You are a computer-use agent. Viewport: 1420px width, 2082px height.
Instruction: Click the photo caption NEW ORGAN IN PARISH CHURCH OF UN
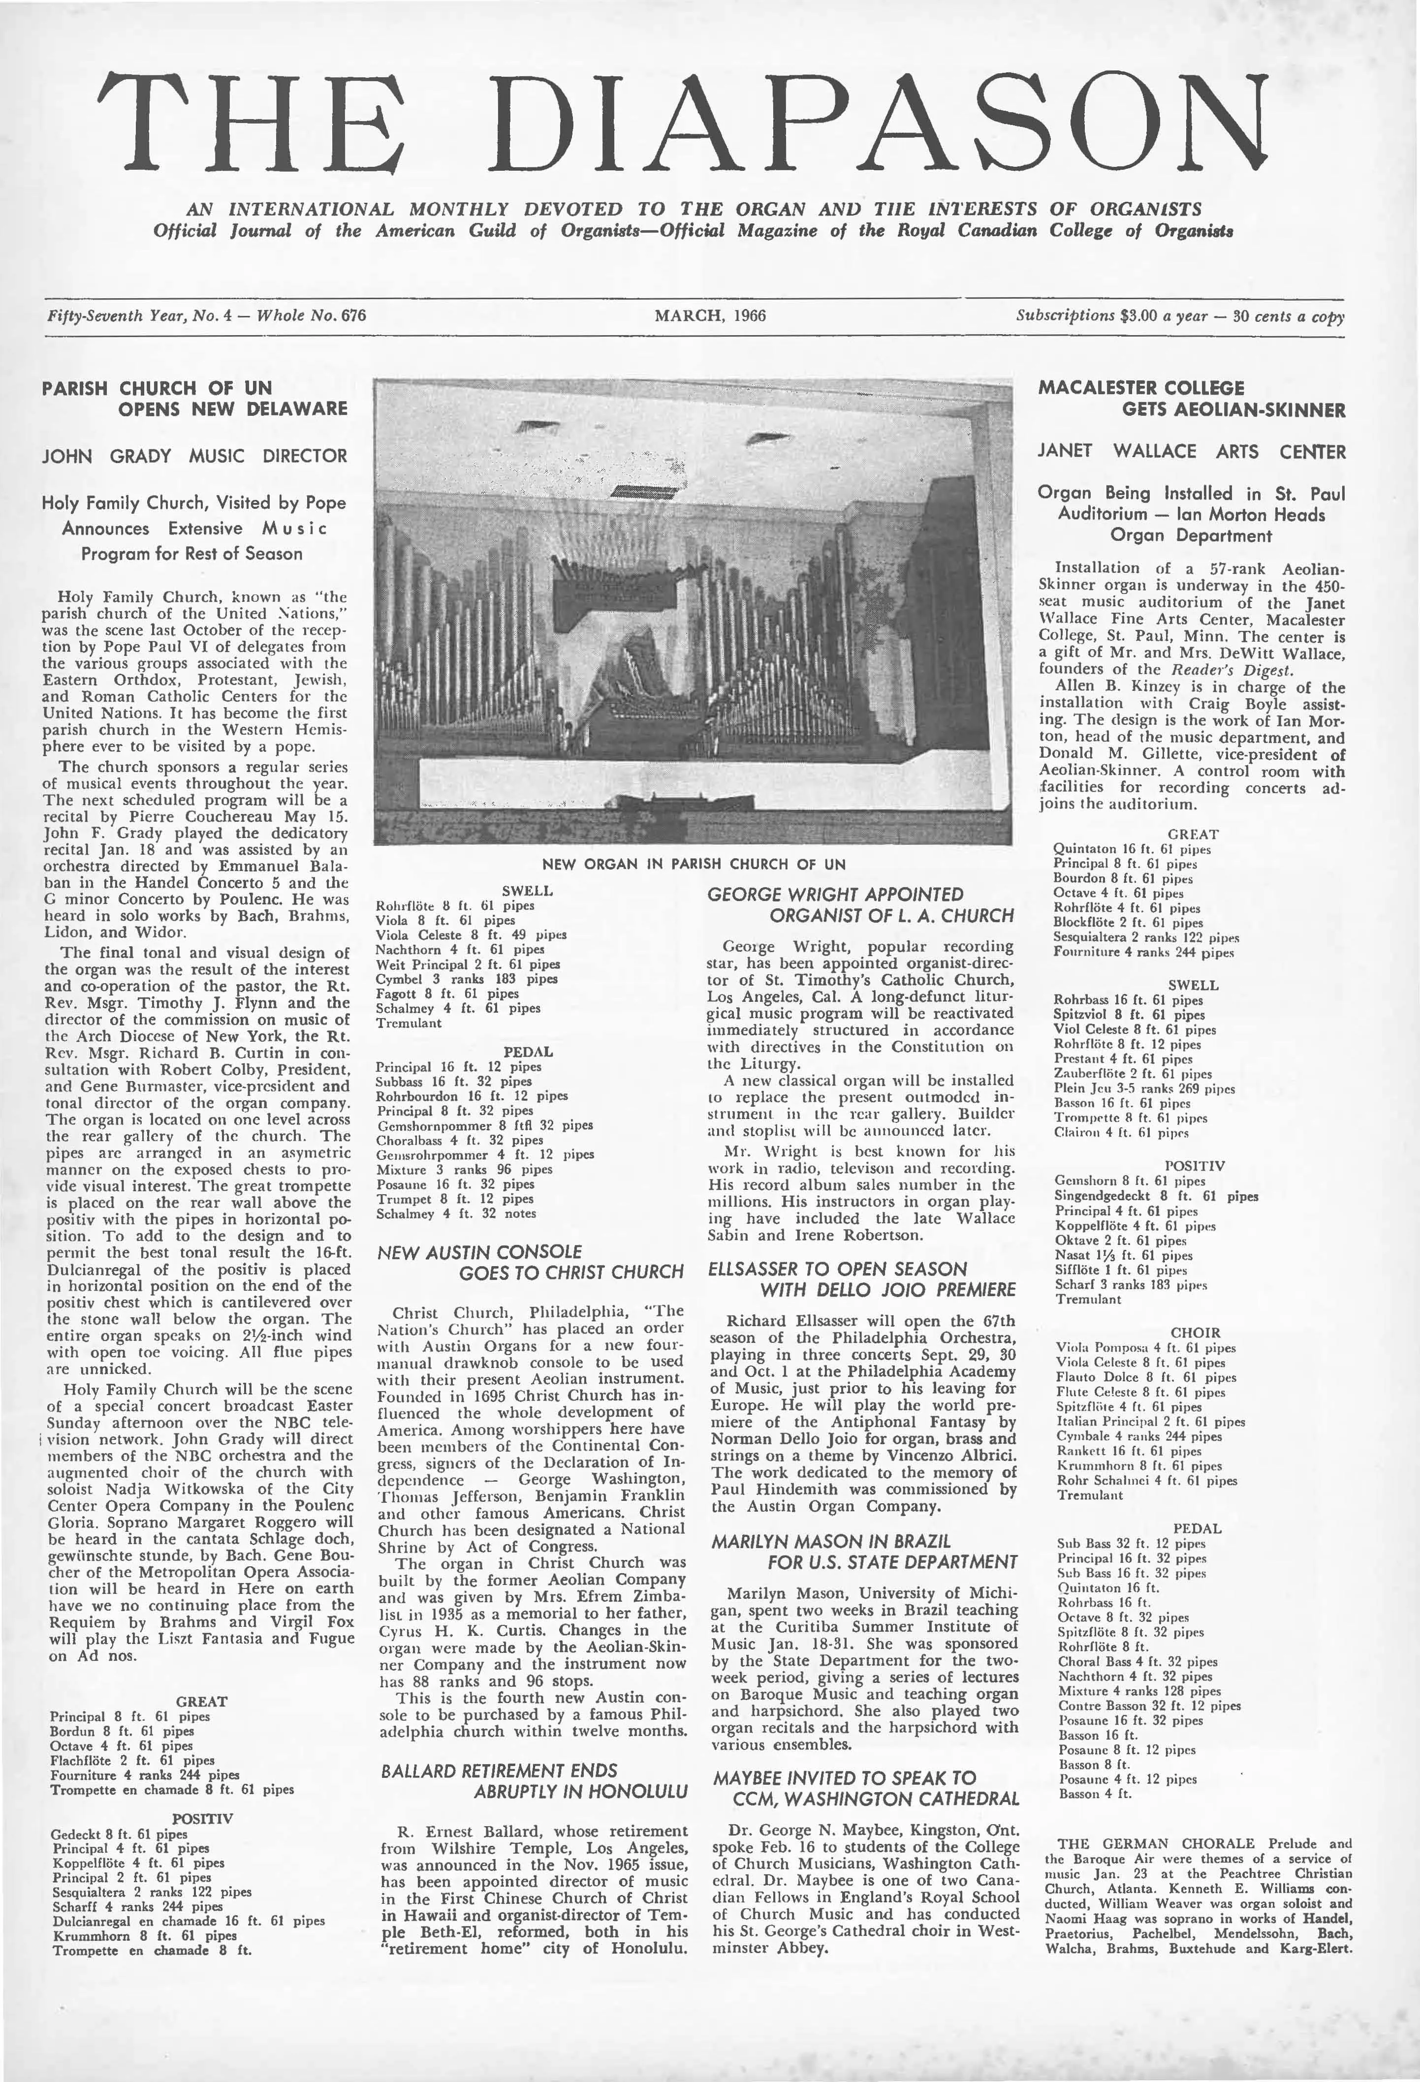694,865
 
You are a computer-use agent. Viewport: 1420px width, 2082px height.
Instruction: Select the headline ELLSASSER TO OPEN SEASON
862,1278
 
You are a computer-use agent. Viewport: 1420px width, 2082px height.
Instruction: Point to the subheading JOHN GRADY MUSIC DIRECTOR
194,456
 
